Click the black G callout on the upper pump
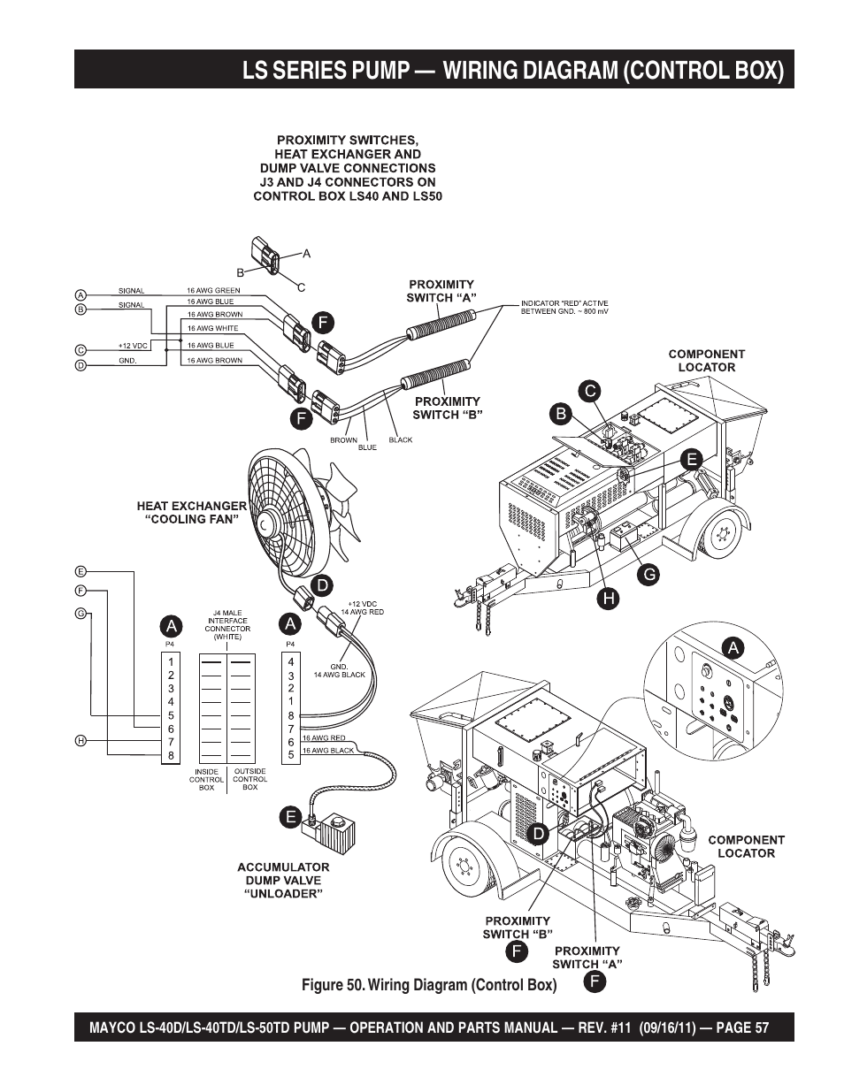click(648, 574)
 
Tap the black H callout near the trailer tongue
click(609, 599)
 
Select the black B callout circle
click(560, 412)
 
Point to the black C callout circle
click(589, 389)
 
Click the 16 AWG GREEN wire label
click(213, 290)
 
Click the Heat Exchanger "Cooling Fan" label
click(191, 513)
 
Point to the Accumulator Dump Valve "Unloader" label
click(283, 880)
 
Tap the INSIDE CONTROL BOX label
click(206, 779)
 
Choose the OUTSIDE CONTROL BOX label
click(249, 779)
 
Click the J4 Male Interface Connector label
click(227, 624)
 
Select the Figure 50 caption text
click(429, 985)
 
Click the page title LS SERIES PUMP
click(512, 70)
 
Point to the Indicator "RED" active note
click(564, 308)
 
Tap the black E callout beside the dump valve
click(289, 817)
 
